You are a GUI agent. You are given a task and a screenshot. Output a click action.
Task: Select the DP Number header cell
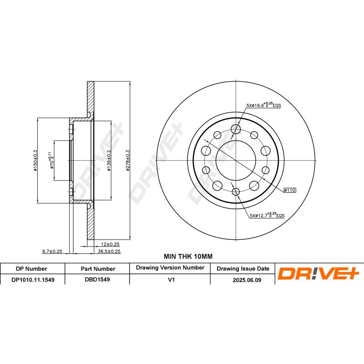[x=32, y=268]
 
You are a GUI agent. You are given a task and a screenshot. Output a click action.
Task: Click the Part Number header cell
[x=98, y=268]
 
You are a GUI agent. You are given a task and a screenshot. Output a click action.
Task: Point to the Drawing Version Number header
[x=170, y=268]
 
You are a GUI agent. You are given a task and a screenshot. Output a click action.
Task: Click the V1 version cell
[x=171, y=280]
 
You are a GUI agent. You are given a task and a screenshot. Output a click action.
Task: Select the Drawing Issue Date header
[x=243, y=268]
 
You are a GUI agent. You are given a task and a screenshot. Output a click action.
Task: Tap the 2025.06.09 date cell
[x=246, y=280]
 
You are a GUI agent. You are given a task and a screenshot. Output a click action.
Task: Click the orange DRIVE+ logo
[x=318, y=273]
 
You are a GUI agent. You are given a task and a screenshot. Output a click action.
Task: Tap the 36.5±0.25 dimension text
[x=109, y=251]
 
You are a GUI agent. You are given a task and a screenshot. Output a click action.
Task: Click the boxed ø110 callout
[x=290, y=190]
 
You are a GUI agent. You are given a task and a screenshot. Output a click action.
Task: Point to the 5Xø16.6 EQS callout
[x=264, y=105]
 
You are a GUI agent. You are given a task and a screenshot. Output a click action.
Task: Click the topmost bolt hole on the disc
[x=235, y=129]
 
